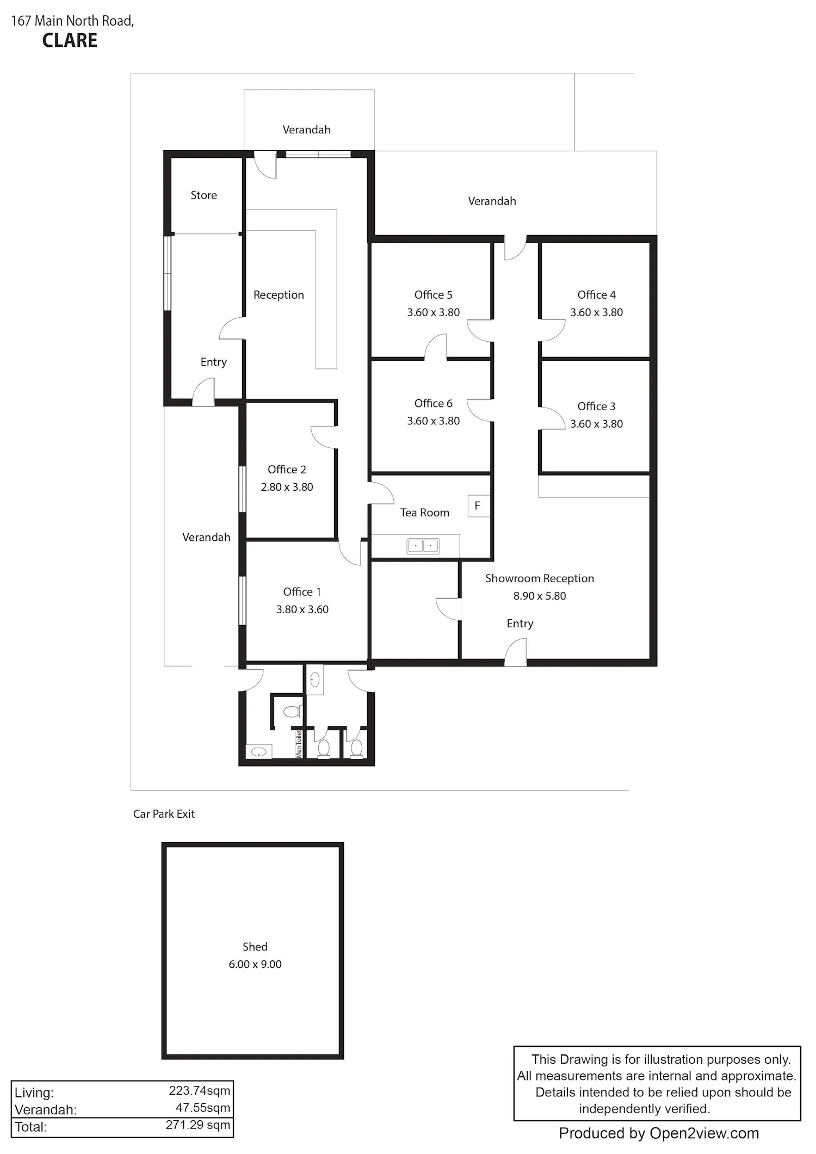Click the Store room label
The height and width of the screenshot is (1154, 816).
pyautogui.click(x=203, y=195)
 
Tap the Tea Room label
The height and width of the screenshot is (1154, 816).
pyautogui.click(x=425, y=513)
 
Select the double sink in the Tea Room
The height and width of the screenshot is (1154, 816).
pyautogui.click(x=423, y=545)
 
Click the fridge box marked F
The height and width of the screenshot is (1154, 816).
pyautogui.click(x=478, y=506)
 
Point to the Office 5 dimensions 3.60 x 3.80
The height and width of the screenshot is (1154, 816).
pyautogui.click(x=434, y=312)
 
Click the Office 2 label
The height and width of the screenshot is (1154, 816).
pyautogui.click(x=287, y=470)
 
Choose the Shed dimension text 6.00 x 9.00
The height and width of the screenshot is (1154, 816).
pyautogui.click(x=255, y=965)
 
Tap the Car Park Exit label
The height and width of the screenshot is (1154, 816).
pyautogui.click(x=164, y=814)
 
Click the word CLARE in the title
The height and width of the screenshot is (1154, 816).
pyautogui.click(x=70, y=41)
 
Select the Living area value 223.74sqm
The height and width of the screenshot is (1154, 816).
pyautogui.click(x=200, y=1091)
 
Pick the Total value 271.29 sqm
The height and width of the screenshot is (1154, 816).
pyautogui.click(x=198, y=1125)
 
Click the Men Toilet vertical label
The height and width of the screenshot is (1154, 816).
pyautogui.click(x=299, y=744)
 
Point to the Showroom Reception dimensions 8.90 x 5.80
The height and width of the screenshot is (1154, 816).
pyautogui.click(x=540, y=596)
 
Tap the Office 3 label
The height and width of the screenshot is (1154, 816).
pyautogui.click(x=596, y=406)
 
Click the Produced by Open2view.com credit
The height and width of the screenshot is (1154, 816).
pyautogui.click(x=659, y=1133)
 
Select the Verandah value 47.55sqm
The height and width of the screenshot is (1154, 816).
pyautogui.click(x=203, y=1108)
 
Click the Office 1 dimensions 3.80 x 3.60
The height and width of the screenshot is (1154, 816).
pyautogui.click(x=302, y=609)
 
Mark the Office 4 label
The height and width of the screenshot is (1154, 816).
pyautogui.click(x=596, y=295)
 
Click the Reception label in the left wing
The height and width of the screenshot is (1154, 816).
pyautogui.click(x=279, y=295)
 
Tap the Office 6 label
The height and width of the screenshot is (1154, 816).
pyautogui.click(x=434, y=403)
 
